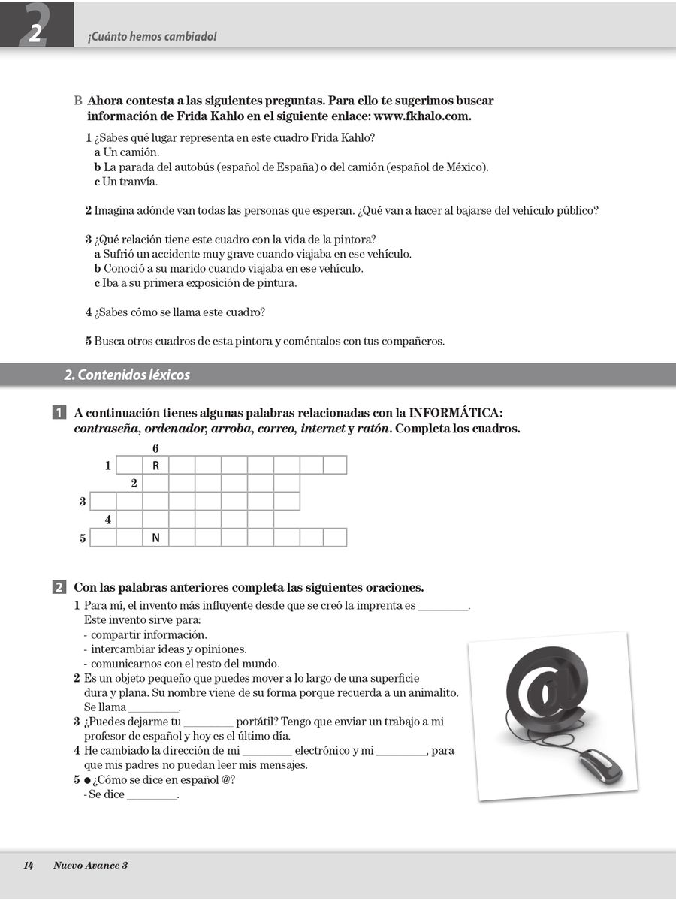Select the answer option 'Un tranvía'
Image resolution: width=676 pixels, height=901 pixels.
[x=126, y=182]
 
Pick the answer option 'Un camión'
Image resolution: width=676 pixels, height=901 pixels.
[x=126, y=152]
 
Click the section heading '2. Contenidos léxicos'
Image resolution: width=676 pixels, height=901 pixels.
[x=127, y=375]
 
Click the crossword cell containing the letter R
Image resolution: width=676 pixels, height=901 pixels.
[x=155, y=466]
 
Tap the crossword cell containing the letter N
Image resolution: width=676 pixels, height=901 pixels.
[x=155, y=538]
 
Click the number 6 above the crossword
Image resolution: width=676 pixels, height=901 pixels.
[x=155, y=448]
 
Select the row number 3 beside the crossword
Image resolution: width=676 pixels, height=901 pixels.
[x=83, y=502]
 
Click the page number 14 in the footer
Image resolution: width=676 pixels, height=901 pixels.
[x=29, y=866]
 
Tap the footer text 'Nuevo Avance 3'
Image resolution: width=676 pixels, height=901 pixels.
[x=90, y=866]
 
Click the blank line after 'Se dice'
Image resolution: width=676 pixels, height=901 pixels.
[x=152, y=795]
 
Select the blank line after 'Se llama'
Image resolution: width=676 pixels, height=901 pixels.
[x=154, y=708]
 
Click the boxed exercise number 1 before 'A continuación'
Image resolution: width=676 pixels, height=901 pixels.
[x=58, y=413]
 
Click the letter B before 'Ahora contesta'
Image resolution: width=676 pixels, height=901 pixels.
[x=78, y=101]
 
